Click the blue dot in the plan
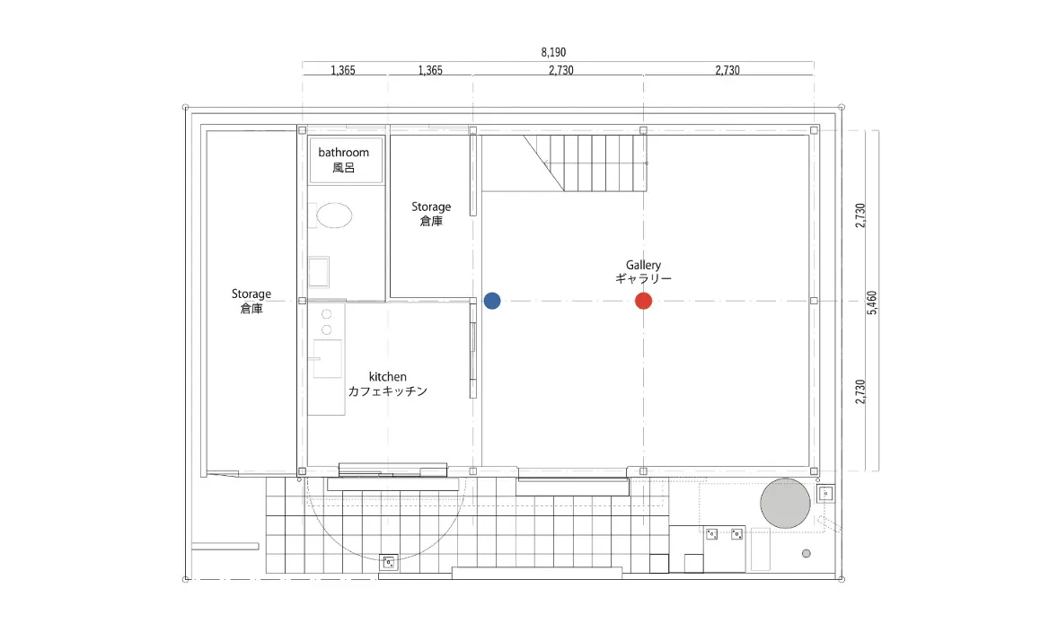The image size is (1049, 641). (x=492, y=301)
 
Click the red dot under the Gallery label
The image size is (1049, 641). (x=644, y=301)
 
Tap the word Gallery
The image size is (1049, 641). (x=644, y=266)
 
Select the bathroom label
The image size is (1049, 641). (x=343, y=153)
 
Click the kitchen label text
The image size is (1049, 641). (x=387, y=377)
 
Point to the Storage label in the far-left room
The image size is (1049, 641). (x=251, y=294)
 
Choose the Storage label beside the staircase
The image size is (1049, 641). (x=431, y=207)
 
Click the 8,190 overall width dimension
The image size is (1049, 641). (x=553, y=52)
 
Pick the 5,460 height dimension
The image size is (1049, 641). (x=872, y=303)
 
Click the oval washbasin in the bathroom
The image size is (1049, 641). (x=334, y=215)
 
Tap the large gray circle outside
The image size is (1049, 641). (x=786, y=504)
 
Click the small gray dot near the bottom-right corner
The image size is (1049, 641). (x=807, y=553)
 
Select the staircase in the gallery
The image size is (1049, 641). (x=586, y=163)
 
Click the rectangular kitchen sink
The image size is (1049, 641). (x=328, y=359)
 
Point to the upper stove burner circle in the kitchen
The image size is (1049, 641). (x=327, y=314)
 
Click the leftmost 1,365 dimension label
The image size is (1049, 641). (x=343, y=70)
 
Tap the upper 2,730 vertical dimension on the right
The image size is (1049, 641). (x=860, y=215)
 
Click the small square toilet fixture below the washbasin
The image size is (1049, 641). (x=319, y=272)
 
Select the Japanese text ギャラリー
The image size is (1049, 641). (x=644, y=278)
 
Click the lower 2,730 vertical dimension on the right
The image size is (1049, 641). (x=860, y=391)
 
